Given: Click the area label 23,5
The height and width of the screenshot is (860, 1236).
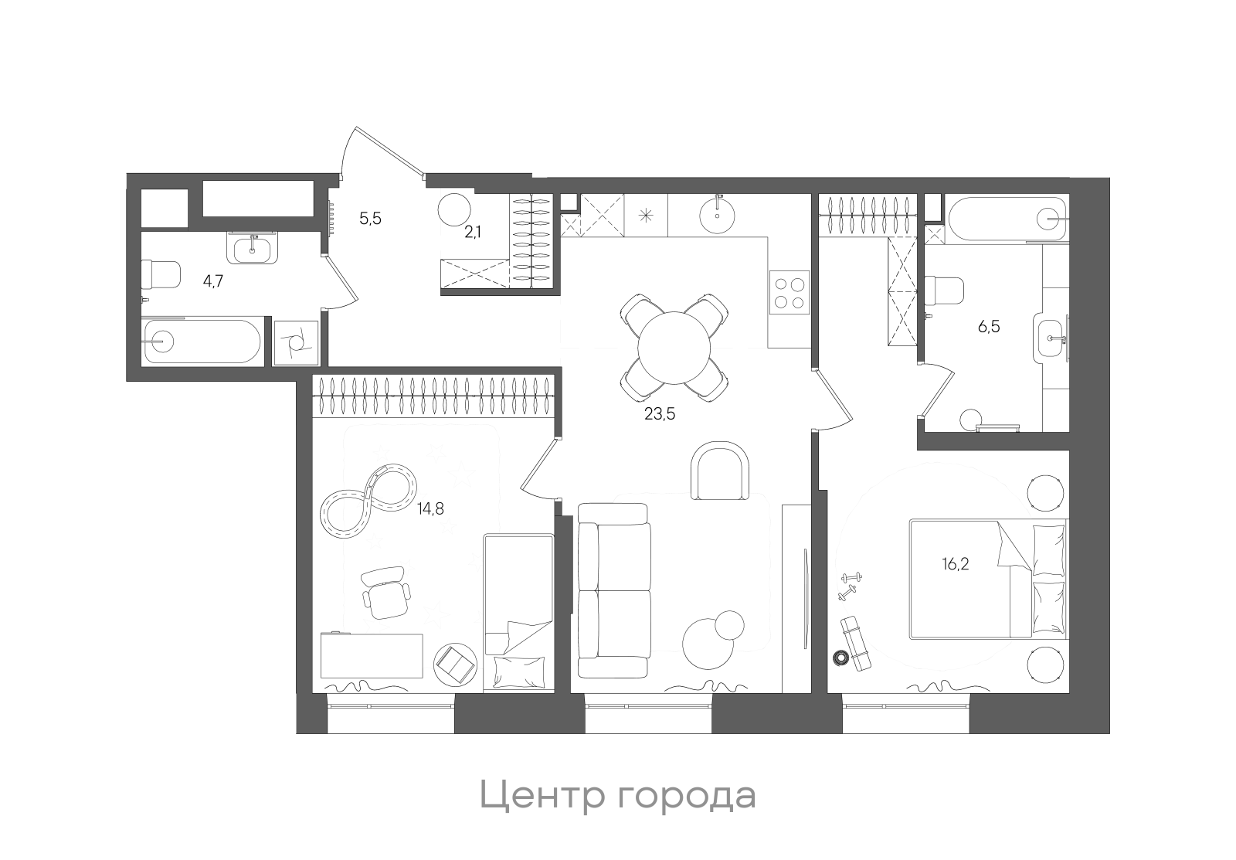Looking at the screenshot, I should click(x=660, y=414).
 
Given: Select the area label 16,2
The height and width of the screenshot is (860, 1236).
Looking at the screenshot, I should click(x=955, y=563).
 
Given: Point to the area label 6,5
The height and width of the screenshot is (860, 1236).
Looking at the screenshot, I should click(x=989, y=327).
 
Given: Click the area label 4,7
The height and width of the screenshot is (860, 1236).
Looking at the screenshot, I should click(x=212, y=281).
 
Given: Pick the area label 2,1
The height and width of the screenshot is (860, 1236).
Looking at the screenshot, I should click(x=473, y=233).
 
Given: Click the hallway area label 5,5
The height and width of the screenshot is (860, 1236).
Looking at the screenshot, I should click(x=370, y=219).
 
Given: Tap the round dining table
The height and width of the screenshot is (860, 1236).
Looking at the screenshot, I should click(x=674, y=347).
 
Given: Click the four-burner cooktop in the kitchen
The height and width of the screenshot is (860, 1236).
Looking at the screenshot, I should click(x=789, y=293).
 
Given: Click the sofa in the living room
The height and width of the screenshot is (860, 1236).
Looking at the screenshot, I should click(x=613, y=590).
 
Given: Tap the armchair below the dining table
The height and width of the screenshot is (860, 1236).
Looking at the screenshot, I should click(x=720, y=471).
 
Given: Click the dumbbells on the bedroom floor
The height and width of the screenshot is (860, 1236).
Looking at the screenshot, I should click(x=851, y=585).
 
